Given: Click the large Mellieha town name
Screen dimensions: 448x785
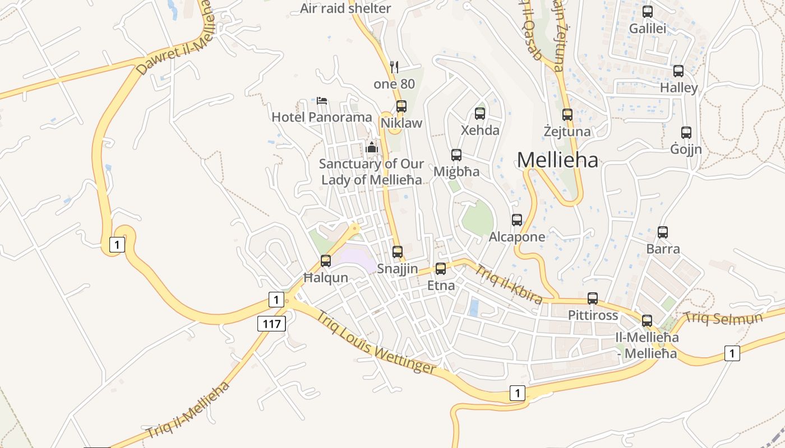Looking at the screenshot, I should pyautogui.click(x=557, y=160).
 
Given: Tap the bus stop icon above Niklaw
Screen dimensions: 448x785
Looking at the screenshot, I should pyautogui.click(x=401, y=106).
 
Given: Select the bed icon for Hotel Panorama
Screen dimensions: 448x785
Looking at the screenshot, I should pyautogui.click(x=322, y=101).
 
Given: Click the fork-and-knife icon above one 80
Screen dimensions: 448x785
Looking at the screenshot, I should pyautogui.click(x=394, y=67).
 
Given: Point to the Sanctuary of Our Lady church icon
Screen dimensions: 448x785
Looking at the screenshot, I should pyautogui.click(x=371, y=148).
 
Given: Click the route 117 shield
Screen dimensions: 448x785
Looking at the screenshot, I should pyautogui.click(x=272, y=323).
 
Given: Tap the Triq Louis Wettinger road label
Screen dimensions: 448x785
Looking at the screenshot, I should pyautogui.click(x=376, y=342).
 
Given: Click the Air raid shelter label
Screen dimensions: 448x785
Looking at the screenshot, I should pyautogui.click(x=345, y=8).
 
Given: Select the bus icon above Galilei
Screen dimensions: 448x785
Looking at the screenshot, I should pyautogui.click(x=648, y=11).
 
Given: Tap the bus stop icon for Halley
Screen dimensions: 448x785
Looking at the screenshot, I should pyautogui.click(x=678, y=71).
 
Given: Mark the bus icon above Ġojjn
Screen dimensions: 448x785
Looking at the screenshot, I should pyautogui.click(x=686, y=133).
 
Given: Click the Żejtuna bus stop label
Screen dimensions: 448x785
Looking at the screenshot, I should pyautogui.click(x=567, y=132).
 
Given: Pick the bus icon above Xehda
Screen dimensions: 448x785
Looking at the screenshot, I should pyautogui.click(x=480, y=114).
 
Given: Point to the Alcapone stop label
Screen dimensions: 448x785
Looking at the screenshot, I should pyautogui.click(x=517, y=237).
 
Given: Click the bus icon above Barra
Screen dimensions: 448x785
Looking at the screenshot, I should pyautogui.click(x=663, y=232).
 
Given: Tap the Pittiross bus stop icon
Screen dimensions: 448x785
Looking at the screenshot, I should pyautogui.click(x=593, y=298).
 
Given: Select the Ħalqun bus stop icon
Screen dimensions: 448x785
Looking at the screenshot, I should pyautogui.click(x=326, y=261).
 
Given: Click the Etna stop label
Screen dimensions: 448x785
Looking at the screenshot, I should pyautogui.click(x=441, y=286).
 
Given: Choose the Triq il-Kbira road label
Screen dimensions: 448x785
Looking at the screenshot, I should pyautogui.click(x=509, y=285).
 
